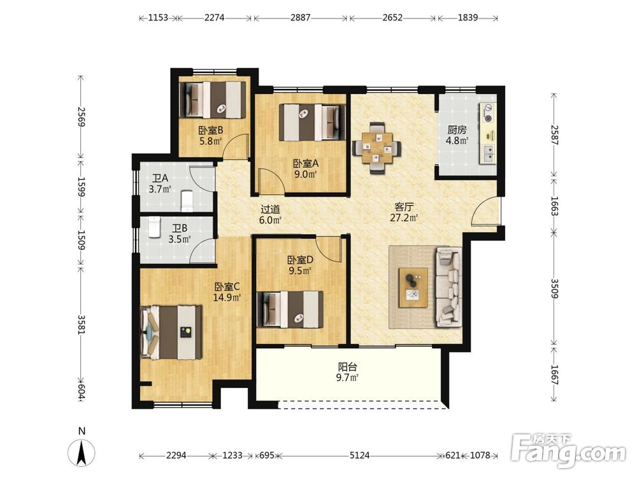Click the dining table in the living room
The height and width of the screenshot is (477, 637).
coord(377,148)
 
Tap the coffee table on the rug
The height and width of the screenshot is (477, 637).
coord(413,287)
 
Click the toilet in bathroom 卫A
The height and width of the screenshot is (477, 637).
coord(187,201)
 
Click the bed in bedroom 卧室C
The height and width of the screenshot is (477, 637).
coord(171,333)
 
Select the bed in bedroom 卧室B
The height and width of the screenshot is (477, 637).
coord(213,99)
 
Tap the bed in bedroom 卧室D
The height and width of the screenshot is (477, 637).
coord(290,309)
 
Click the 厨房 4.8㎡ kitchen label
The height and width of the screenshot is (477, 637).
coord(457,135)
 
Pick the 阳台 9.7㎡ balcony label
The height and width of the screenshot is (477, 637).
coord(348,372)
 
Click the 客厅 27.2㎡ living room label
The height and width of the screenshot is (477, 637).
coord(404,212)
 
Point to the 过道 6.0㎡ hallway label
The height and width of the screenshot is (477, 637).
coord(271,214)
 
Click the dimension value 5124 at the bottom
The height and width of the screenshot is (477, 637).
coord(359,455)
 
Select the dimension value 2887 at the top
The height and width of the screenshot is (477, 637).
coord(300,17)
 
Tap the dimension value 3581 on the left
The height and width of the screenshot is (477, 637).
coord(82,324)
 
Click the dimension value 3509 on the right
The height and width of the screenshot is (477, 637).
coord(555,288)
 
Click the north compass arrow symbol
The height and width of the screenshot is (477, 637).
coord(82,452)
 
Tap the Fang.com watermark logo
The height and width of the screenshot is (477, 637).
coord(569,450)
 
